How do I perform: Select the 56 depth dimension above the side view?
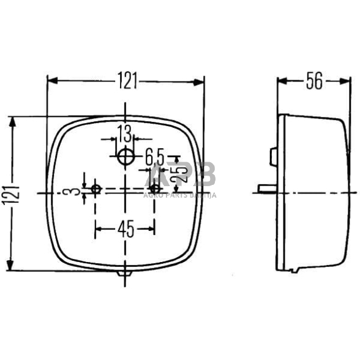pos(314,81)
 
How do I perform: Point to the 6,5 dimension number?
pos(154,157)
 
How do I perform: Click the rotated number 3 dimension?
pos(74,192)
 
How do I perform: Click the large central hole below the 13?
pos(126,157)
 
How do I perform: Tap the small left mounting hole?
pos(96,188)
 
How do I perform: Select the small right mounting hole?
pos(156,188)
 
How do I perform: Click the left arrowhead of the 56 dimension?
pos(281,81)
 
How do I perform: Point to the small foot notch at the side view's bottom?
pos(295,270)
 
